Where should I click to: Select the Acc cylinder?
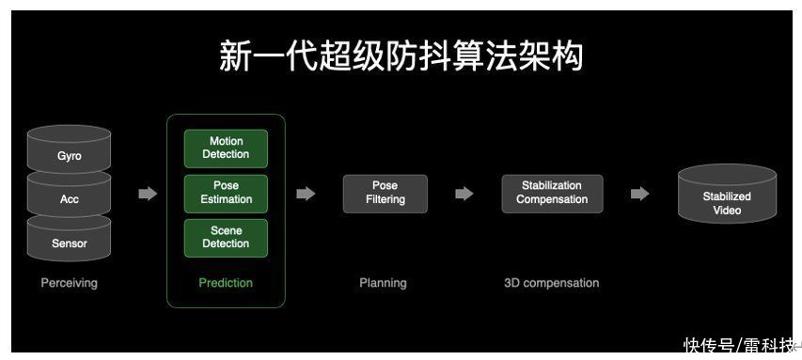pyautogui.click(x=70, y=198)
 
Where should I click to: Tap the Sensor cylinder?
pyautogui.click(x=70, y=243)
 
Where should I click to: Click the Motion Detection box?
pyautogui.click(x=226, y=149)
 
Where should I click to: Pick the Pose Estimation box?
pyautogui.click(x=226, y=193)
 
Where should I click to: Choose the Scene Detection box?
pyautogui.click(x=226, y=237)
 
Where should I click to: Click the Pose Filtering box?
pyautogui.click(x=385, y=193)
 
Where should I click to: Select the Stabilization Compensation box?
pyautogui.click(x=552, y=193)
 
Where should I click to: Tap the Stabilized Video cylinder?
pyautogui.click(x=727, y=202)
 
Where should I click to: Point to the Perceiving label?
pyautogui.click(x=69, y=283)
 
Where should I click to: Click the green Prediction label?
pyautogui.click(x=226, y=283)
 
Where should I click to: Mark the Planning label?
pyautogui.click(x=383, y=283)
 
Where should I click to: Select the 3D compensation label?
pyautogui.click(x=551, y=283)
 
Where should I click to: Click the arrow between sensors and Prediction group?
pyautogui.click(x=148, y=194)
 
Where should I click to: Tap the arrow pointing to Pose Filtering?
pyautogui.click(x=306, y=194)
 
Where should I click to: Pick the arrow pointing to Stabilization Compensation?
pyautogui.click(x=464, y=194)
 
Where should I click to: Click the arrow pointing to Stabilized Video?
pyautogui.click(x=639, y=194)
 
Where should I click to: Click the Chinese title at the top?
pyautogui.click(x=401, y=55)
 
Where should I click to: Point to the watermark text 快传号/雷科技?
pyautogui.click(x=739, y=345)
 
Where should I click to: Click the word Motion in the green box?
pyautogui.click(x=226, y=142)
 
